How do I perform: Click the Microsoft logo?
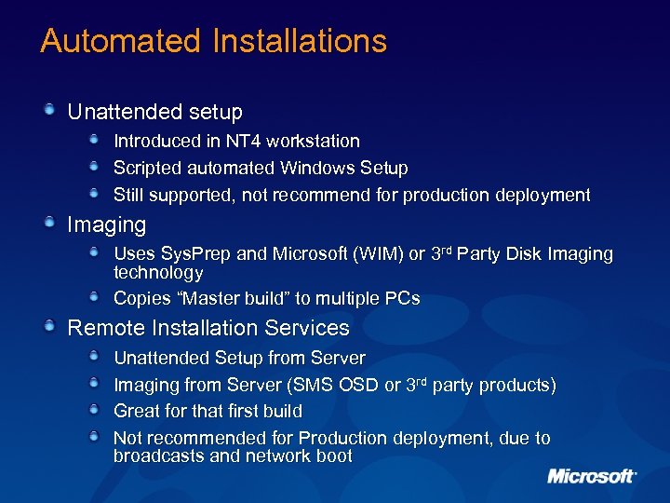(592, 476)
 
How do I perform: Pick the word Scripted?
(145, 168)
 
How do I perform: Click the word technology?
(158, 273)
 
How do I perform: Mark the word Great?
(138, 411)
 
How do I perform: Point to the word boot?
(334, 456)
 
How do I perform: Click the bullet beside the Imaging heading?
(54, 224)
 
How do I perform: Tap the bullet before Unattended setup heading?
(54, 111)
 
